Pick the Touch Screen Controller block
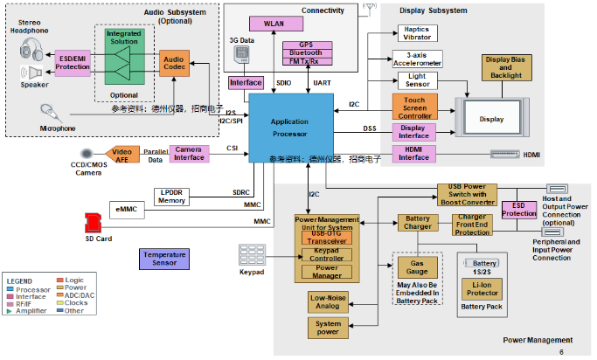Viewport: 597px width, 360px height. (414, 108)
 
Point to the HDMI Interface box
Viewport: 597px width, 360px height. (414, 155)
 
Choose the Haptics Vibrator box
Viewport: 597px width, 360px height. (416, 33)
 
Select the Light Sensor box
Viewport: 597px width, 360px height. (416, 80)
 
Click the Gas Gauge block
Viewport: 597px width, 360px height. (412, 266)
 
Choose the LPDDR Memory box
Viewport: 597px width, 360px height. (172, 196)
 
